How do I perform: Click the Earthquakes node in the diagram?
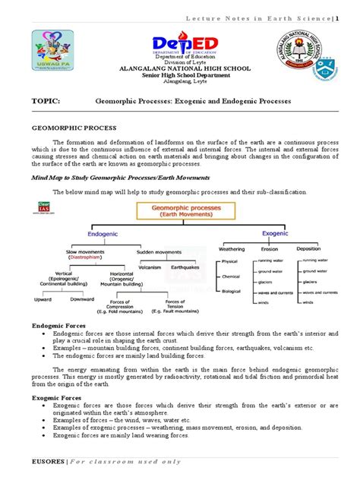(x=185, y=266)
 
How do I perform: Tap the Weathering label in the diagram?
(x=231, y=248)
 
